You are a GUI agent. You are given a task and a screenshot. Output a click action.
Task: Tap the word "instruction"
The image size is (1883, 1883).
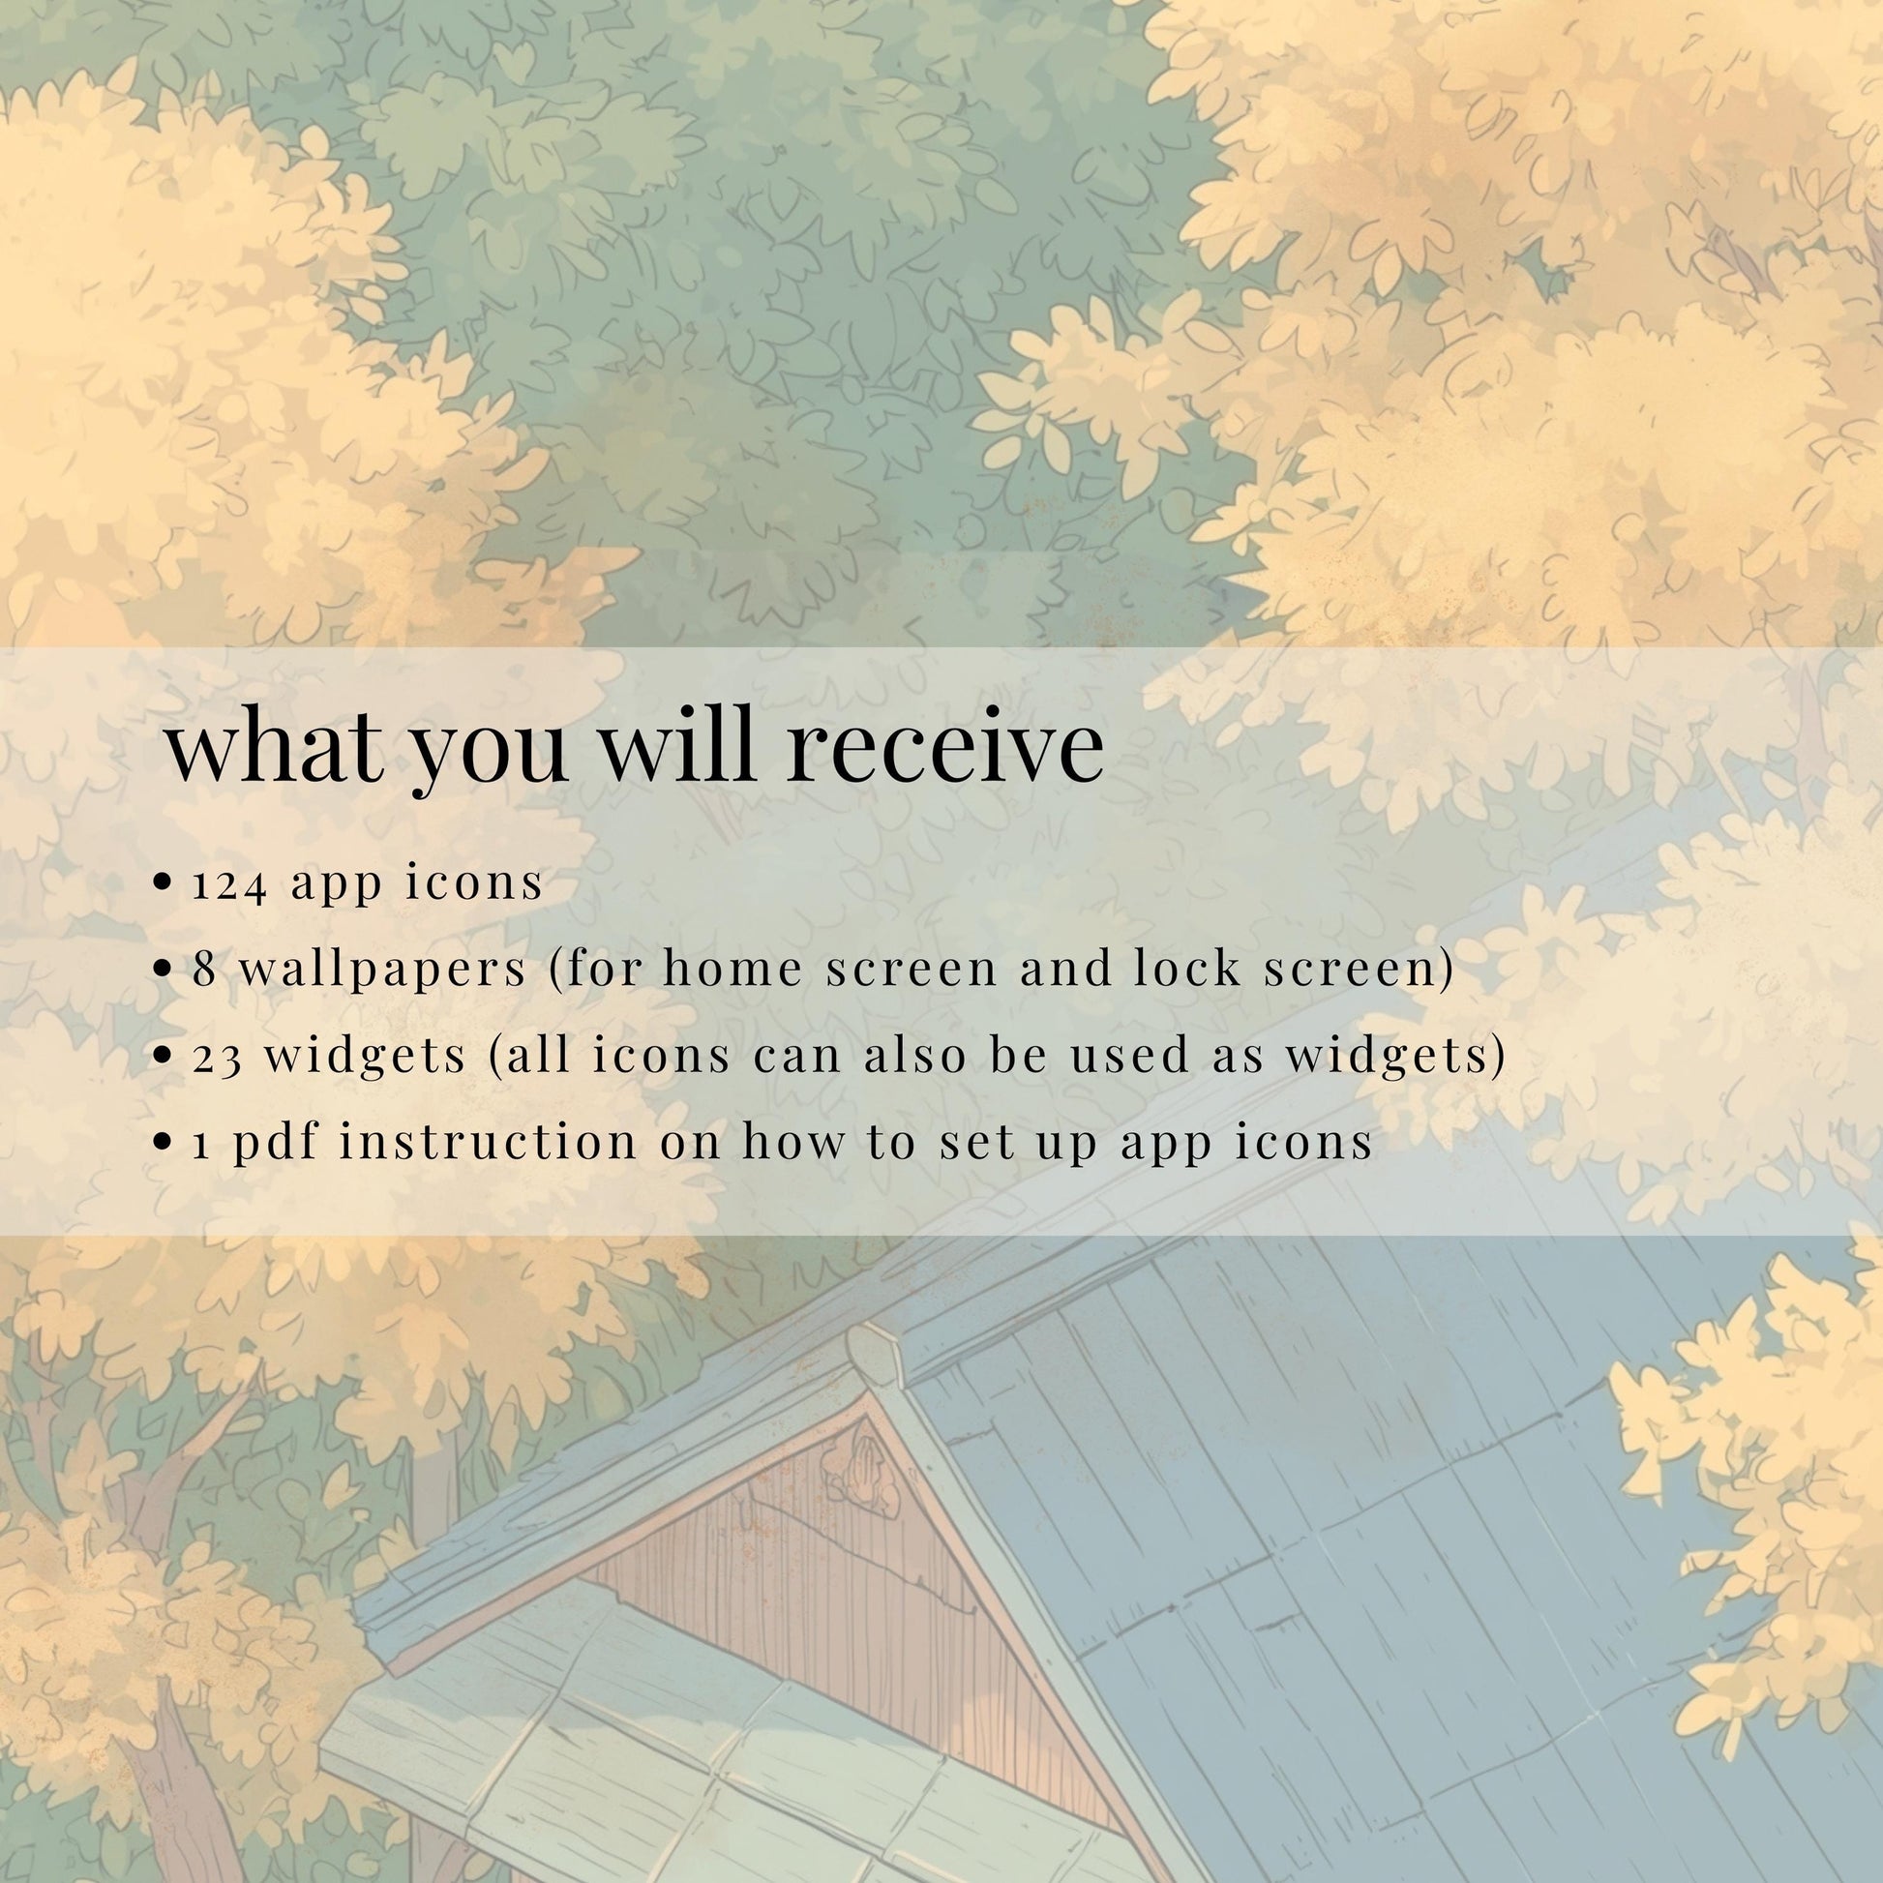coord(489,1142)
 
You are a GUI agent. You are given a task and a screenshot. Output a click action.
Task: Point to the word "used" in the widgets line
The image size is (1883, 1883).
coord(1130,1056)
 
